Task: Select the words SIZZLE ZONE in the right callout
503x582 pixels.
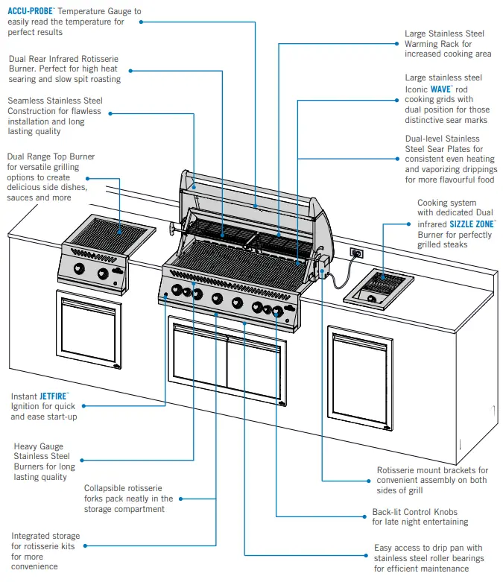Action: coord(473,224)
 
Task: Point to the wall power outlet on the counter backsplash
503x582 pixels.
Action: coord(357,253)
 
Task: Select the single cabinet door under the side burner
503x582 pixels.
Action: coord(89,331)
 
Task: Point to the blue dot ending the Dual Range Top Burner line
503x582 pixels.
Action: coord(88,178)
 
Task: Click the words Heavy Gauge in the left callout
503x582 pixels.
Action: coord(38,446)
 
